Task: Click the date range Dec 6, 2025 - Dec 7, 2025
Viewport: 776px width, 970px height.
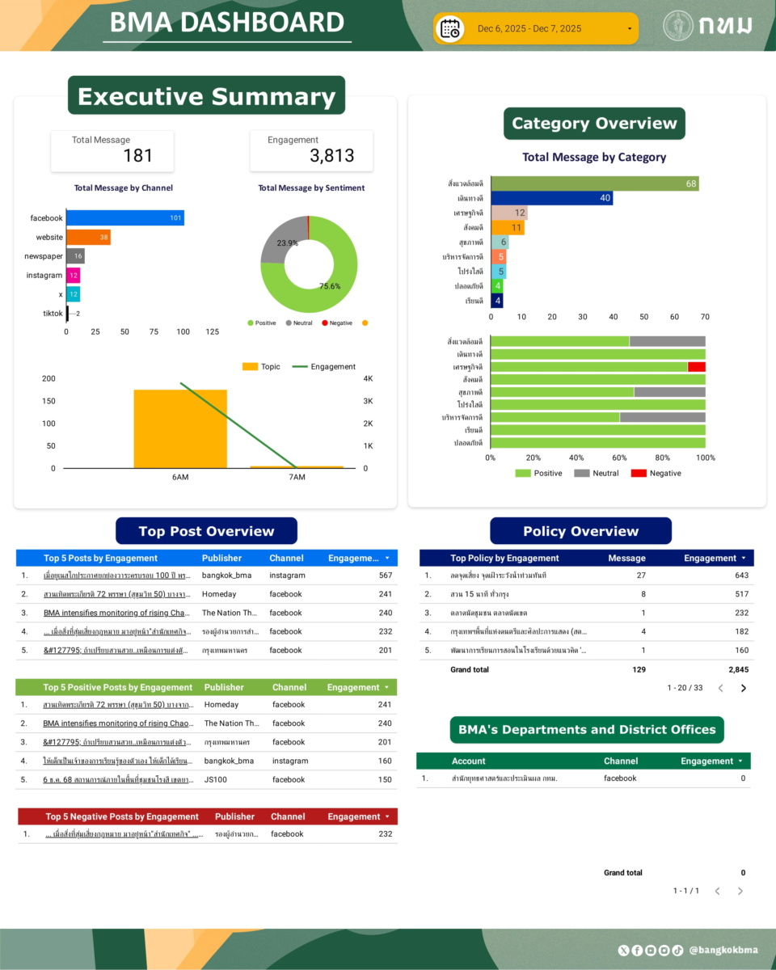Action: pyautogui.click(x=529, y=29)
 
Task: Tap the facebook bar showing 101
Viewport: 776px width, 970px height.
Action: pyautogui.click(x=125, y=218)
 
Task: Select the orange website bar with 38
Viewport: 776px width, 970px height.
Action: pyautogui.click(x=88, y=238)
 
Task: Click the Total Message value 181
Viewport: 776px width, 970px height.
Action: pyautogui.click(x=137, y=156)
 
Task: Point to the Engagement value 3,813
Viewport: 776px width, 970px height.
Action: pyautogui.click(x=331, y=156)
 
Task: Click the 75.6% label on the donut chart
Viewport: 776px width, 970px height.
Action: pyautogui.click(x=330, y=285)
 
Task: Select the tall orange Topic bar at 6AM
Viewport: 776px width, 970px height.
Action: pyautogui.click(x=180, y=428)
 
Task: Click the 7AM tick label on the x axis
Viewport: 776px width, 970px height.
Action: pyautogui.click(x=297, y=478)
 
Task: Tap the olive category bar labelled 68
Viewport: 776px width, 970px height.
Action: pyautogui.click(x=594, y=183)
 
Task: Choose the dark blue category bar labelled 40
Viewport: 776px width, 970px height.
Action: pyautogui.click(x=551, y=198)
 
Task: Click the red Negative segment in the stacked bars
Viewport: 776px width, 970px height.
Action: pyautogui.click(x=696, y=366)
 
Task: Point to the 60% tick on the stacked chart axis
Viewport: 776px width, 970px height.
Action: pyautogui.click(x=619, y=458)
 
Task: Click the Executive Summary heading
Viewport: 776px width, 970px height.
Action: pyautogui.click(x=206, y=96)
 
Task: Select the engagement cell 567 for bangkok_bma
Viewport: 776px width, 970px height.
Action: pyautogui.click(x=385, y=576)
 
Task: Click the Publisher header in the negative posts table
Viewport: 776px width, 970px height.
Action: pyautogui.click(x=234, y=816)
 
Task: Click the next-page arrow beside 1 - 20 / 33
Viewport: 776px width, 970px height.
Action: pyautogui.click(x=744, y=689)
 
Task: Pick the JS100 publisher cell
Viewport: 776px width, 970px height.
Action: pyautogui.click(x=215, y=780)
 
